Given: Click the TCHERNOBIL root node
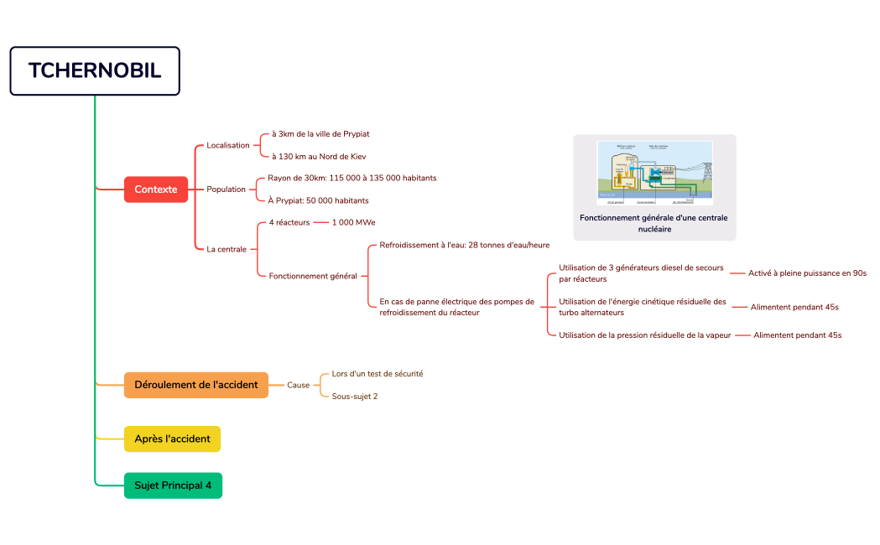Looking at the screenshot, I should pos(95,70).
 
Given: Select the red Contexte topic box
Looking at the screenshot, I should pos(156,189).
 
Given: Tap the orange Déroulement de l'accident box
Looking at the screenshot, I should pos(196,385).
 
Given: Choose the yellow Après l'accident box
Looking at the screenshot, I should pos(172,439).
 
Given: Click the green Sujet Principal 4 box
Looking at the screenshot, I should pos(173,485).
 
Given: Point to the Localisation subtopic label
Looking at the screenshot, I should pos(228,145).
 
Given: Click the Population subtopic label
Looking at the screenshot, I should pos(227,189).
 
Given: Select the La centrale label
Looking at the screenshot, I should pos(227,249).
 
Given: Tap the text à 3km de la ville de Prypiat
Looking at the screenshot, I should pos(320,134).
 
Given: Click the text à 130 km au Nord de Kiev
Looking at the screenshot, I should pos(318,157).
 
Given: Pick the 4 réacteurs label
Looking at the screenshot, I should pos(289,223).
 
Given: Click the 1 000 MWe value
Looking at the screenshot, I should pos(353,223).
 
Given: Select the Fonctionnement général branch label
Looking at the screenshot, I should pos(313,276).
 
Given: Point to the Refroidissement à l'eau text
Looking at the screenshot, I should pos(465,245).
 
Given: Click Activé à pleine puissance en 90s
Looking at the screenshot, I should pos(807,273).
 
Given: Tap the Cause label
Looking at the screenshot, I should pos(299,385).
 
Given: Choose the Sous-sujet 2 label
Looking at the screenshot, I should pos(355,397).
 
